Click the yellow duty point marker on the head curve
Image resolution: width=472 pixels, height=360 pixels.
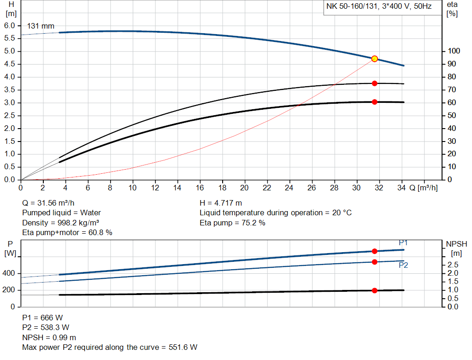375,59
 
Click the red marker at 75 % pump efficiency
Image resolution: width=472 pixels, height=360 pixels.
375,83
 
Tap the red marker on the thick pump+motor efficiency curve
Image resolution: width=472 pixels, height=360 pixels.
375,102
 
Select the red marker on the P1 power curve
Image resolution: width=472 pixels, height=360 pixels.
375,251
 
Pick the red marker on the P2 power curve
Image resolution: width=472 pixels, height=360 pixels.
375,262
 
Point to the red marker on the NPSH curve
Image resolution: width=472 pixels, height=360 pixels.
375,290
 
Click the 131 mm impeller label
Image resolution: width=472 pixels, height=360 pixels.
41,26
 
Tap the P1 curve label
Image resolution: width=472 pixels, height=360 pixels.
403,243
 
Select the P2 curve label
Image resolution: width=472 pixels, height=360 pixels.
403,266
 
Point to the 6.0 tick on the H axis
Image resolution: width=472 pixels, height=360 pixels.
10,25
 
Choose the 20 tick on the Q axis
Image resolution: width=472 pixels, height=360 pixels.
244,188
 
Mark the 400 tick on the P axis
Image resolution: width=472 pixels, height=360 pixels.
10,273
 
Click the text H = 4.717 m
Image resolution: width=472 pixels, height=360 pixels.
221,203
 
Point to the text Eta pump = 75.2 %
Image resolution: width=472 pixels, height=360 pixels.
232,223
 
